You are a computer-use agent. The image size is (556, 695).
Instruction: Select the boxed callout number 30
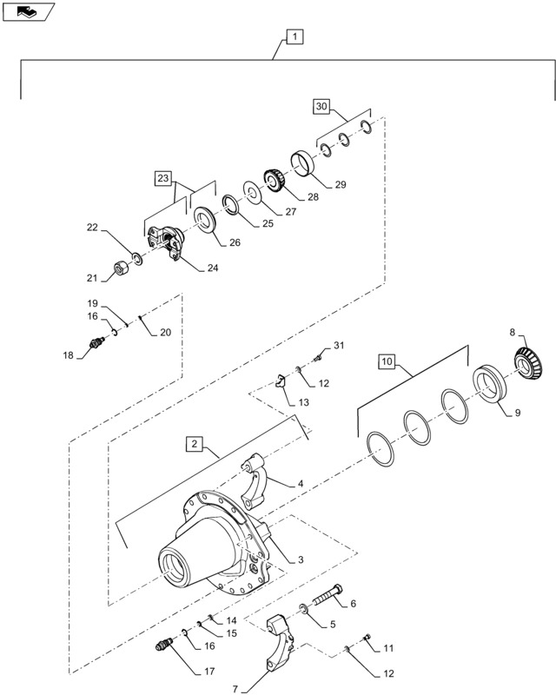coord(321,107)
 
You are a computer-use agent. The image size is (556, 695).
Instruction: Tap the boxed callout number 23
coord(163,178)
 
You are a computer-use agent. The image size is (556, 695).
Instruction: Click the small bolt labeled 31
coord(318,354)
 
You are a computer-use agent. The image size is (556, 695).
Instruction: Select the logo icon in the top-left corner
coord(29,11)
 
